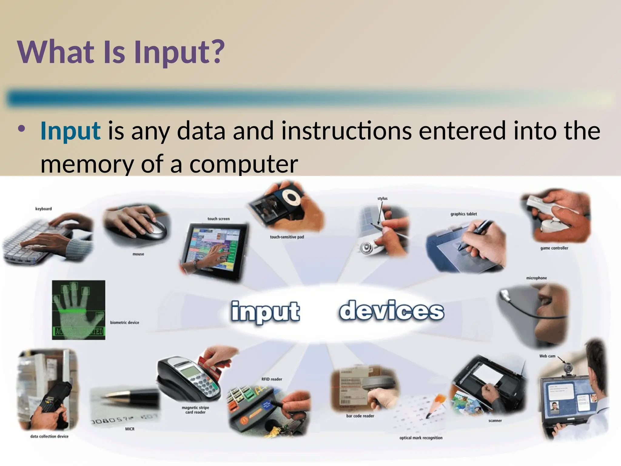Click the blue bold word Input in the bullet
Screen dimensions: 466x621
70,131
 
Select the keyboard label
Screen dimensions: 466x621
43,209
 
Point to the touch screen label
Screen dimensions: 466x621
218,219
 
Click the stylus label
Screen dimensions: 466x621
382,198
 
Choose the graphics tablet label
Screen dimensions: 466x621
463,214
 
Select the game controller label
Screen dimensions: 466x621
554,248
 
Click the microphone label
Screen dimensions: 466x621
536,278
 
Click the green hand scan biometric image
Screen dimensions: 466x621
79,309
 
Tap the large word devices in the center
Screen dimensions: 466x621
391,311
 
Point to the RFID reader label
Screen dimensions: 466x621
272,379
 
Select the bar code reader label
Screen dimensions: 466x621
360,416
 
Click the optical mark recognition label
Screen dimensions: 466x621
421,438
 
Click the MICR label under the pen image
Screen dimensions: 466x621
129,429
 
